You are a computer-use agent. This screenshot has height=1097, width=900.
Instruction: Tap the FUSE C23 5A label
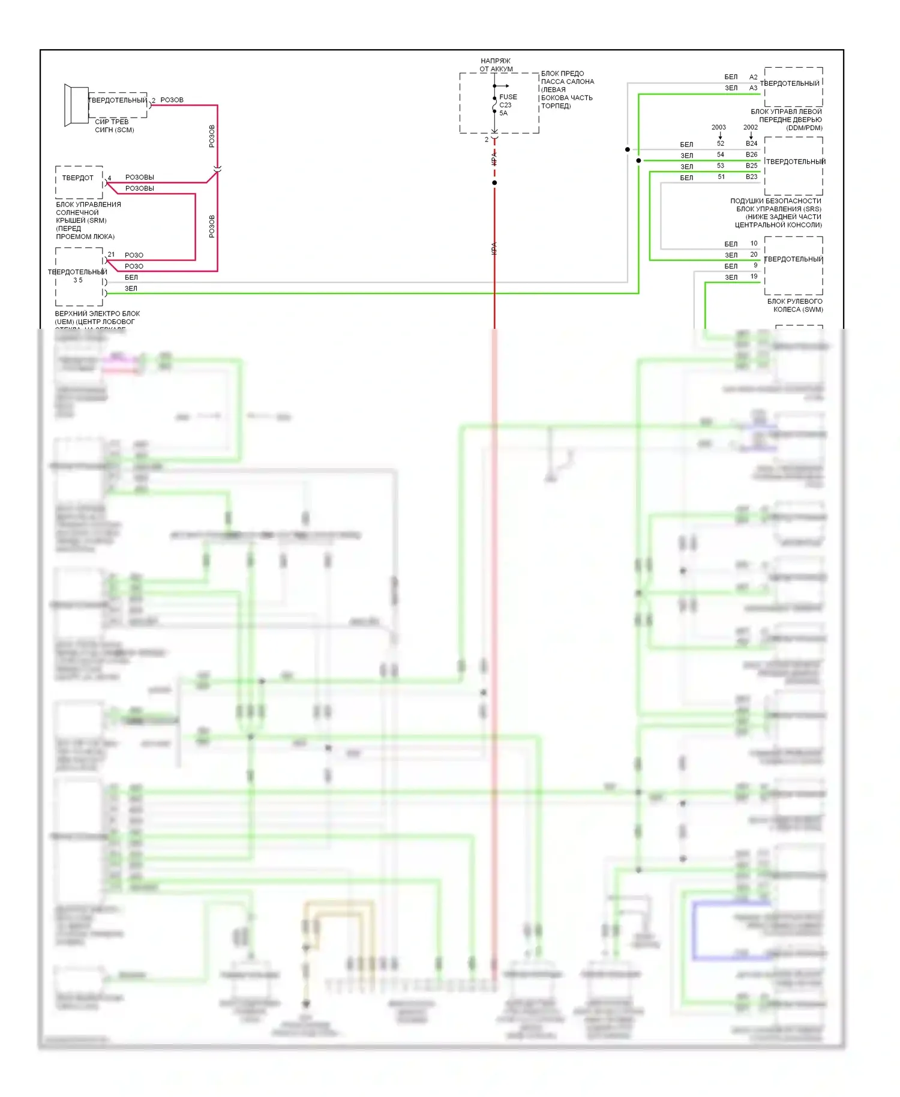tap(507, 105)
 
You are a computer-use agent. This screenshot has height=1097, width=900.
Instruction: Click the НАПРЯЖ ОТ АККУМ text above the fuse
tap(496, 65)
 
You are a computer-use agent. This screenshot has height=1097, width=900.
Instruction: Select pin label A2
tap(753, 77)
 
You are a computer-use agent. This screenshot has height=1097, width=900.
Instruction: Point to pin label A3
tap(753, 88)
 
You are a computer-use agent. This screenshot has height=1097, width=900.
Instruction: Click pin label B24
tap(751, 143)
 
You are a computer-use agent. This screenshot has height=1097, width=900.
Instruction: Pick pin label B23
tap(751, 176)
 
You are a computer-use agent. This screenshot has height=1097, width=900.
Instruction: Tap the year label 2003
tap(718, 127)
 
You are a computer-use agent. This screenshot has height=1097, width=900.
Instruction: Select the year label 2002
tap(750, 127)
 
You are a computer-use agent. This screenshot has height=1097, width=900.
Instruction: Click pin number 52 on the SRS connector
tap(721, 143)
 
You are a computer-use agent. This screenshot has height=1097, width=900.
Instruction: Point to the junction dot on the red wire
tap(494, 182)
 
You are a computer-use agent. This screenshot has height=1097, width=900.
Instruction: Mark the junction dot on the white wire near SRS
tap(628, 149)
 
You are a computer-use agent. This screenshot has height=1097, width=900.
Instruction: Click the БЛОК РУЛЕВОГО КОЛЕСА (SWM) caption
tap(794, 305)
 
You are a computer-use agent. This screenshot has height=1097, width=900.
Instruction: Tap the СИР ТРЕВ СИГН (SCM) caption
tap(114, 125)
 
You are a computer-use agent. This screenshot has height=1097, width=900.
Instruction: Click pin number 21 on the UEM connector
tap(111, 254)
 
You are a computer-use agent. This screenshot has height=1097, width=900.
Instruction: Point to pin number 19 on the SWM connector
tap(754, 276)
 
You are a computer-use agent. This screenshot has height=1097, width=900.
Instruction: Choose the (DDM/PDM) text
tap(804, 128)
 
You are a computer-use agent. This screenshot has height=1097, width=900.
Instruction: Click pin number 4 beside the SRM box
tap(109, 178)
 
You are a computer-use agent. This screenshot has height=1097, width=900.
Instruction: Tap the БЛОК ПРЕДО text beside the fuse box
tap(562, 73)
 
